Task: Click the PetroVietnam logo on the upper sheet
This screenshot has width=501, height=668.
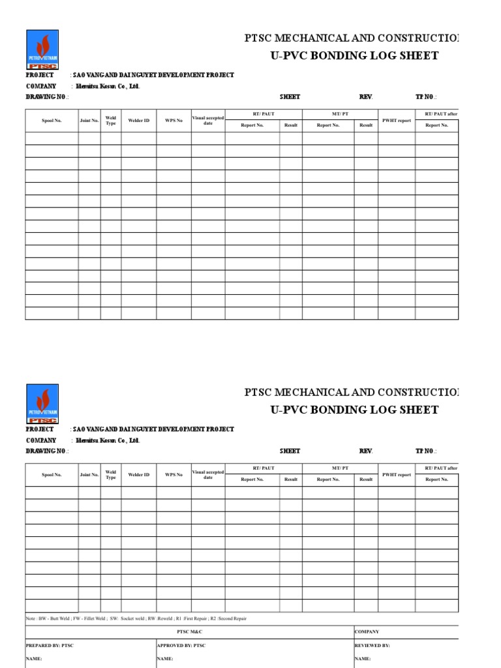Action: click(42, 50)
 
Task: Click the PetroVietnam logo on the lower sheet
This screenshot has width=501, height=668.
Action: click(42, 404)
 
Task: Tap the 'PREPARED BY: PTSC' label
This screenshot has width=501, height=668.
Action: click(50, 646)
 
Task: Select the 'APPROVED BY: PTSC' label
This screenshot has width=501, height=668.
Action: click(181, 646)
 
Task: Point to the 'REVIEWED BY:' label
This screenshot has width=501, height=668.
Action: click(372, 646)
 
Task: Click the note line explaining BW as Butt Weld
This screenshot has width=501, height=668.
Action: click(136, 618)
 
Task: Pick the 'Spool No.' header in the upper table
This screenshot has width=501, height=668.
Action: click(52, 121)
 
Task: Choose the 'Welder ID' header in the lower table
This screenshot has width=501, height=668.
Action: click(138, 475)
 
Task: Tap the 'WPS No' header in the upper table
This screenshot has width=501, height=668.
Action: click(174, 121)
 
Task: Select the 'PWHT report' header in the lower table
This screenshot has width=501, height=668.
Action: click(397, 475)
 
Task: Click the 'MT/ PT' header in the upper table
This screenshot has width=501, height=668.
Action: click(340, 114)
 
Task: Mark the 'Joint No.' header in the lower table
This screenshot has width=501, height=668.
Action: click(89, 475)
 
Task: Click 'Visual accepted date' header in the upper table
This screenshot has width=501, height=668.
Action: click(208, 121)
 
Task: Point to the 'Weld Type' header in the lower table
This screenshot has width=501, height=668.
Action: click(111, 475)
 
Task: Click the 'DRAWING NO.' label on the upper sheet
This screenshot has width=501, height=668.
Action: click(46, 97)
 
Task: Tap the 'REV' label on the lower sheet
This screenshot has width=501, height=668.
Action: click(365, 451)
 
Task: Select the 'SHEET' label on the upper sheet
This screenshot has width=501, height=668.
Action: click(290, 97)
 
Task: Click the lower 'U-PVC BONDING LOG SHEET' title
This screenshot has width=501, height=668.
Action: click(354, 410)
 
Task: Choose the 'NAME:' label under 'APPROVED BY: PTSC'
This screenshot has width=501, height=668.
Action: click(165, 659)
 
